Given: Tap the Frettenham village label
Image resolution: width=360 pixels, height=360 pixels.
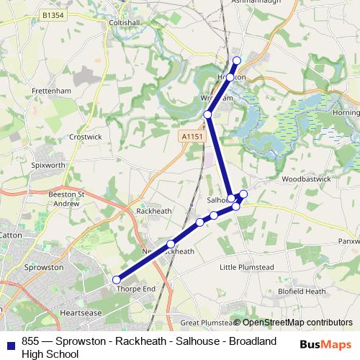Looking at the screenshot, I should coord(50,91).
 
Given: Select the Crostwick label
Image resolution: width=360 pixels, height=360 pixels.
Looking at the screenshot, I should coord(85,136).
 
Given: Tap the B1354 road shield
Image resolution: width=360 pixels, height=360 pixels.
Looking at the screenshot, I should coord(53,14).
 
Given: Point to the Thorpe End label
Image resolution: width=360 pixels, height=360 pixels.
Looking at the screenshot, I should coord(135,289).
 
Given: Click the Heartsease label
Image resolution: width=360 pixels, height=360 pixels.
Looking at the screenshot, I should coord(82,313).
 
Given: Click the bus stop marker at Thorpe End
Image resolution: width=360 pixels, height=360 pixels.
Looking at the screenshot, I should coord(117,280).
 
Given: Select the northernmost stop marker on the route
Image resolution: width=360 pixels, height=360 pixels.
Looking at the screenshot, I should coord(237,60).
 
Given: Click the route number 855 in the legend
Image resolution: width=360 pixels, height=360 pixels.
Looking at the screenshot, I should coord(31,341).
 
